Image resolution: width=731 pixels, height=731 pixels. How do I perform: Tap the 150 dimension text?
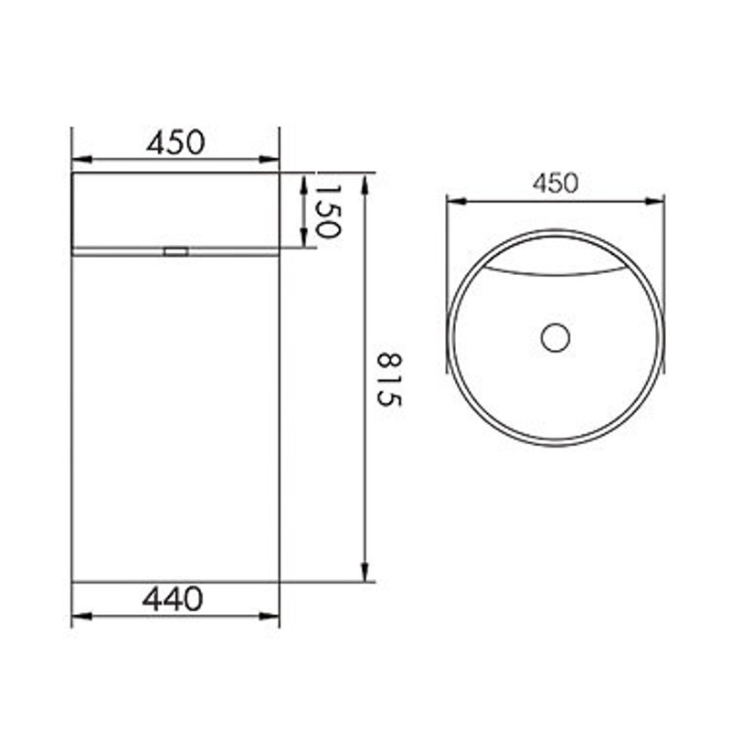tap(327, 209)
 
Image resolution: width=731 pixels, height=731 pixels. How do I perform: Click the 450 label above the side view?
tap(175, 143)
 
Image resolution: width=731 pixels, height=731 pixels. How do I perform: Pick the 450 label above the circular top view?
tap(555, 183)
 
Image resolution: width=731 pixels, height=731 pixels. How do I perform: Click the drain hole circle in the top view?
tap(555, 337)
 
